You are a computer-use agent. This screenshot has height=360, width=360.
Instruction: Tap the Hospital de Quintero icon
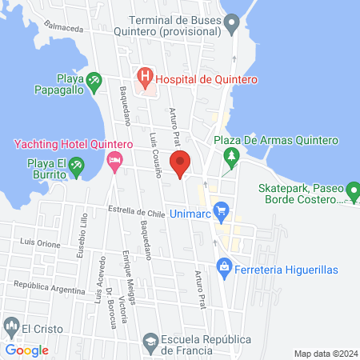click(145, 78)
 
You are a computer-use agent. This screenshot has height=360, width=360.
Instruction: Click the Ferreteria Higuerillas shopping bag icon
click(224, 266)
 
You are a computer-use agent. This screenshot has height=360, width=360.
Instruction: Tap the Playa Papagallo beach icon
click(94, 80)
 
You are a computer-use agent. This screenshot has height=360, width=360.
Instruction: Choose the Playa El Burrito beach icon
click(76, 166)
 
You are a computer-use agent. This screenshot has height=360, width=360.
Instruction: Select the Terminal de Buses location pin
click(232, 23)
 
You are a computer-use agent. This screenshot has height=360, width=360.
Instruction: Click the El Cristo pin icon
click(11, 326)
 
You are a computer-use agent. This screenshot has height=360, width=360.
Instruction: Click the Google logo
click(27, 350)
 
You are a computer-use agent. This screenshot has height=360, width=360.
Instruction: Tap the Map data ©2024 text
click(323, 353)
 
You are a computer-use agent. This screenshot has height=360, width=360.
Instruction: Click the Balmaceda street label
click(66, 27)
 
